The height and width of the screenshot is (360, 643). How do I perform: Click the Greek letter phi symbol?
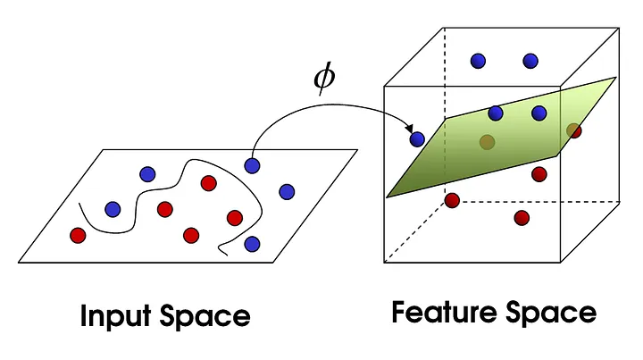pos(323,79)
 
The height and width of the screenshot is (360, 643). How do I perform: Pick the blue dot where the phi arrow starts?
pos(253,164)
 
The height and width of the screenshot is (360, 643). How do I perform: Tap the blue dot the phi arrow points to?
pos(417,138)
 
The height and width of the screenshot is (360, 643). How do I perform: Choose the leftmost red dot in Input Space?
pos(78,236)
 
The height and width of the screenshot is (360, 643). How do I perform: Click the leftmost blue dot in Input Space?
pos(113,209)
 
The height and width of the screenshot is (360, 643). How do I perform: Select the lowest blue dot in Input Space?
pos(253,243)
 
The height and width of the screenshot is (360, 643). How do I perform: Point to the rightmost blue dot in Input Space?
pos(287,191)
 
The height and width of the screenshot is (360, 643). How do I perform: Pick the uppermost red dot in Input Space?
pos(209,183)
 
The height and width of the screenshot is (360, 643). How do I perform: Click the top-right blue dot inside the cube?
pos(530,61)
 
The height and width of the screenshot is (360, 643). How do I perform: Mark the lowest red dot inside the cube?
pos(522,218)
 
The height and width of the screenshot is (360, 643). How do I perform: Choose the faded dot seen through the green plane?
pos(487,141)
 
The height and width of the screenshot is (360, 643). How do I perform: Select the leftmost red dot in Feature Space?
pos(453,199)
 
